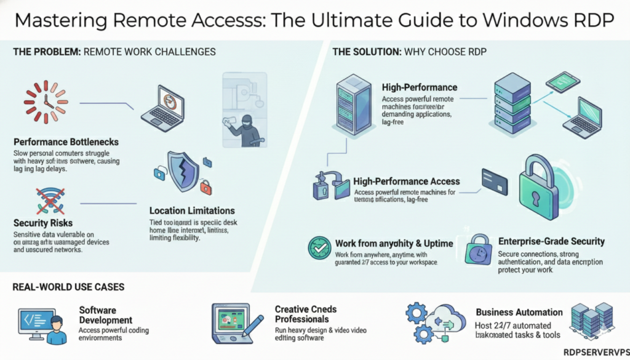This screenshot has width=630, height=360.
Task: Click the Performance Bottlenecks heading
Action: pos(66,142)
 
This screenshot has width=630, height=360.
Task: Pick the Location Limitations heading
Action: pos(192,210)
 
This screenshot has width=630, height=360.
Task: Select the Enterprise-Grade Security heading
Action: pos(551,241)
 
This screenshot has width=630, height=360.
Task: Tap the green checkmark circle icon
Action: pos(319,248)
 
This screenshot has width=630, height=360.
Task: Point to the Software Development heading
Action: pos(106,315)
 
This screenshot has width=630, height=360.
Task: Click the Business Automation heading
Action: pos(519,312)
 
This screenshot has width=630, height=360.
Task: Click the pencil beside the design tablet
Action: pos(253,324)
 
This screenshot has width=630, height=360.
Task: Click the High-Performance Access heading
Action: pos(406,182)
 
